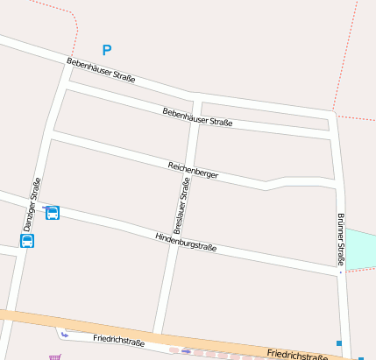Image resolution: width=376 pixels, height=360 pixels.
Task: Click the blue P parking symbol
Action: pyautogui.click(x=107, y=51)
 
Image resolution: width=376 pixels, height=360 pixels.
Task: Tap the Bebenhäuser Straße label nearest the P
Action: pyautogui.click(x=101, y=70)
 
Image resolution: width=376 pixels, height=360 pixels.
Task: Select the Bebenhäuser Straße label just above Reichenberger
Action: pyautogui.click(x=197, y=117)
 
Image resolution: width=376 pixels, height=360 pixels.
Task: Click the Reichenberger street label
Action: pyautogui.click(x=193, y=171)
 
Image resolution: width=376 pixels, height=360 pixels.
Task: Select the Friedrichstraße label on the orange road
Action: pyautogui.click(x=297, y=355)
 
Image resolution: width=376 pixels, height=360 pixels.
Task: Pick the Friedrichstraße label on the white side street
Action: pyautogui.click(x=117, y=340)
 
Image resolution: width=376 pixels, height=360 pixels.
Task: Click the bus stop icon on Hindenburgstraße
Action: pyautogui.click(x=53, y=213)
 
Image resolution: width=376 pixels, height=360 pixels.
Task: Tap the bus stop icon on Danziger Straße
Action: pyautogui.click(x=27, y=241)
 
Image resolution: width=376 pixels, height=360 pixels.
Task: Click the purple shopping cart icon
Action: pyautogui.click(x=55, y=356)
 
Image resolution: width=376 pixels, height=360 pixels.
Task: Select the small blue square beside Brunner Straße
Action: pyautogui.click(x=339, y=342)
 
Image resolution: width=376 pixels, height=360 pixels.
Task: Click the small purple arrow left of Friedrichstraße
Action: pyautogui.click(x=64, y=334)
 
